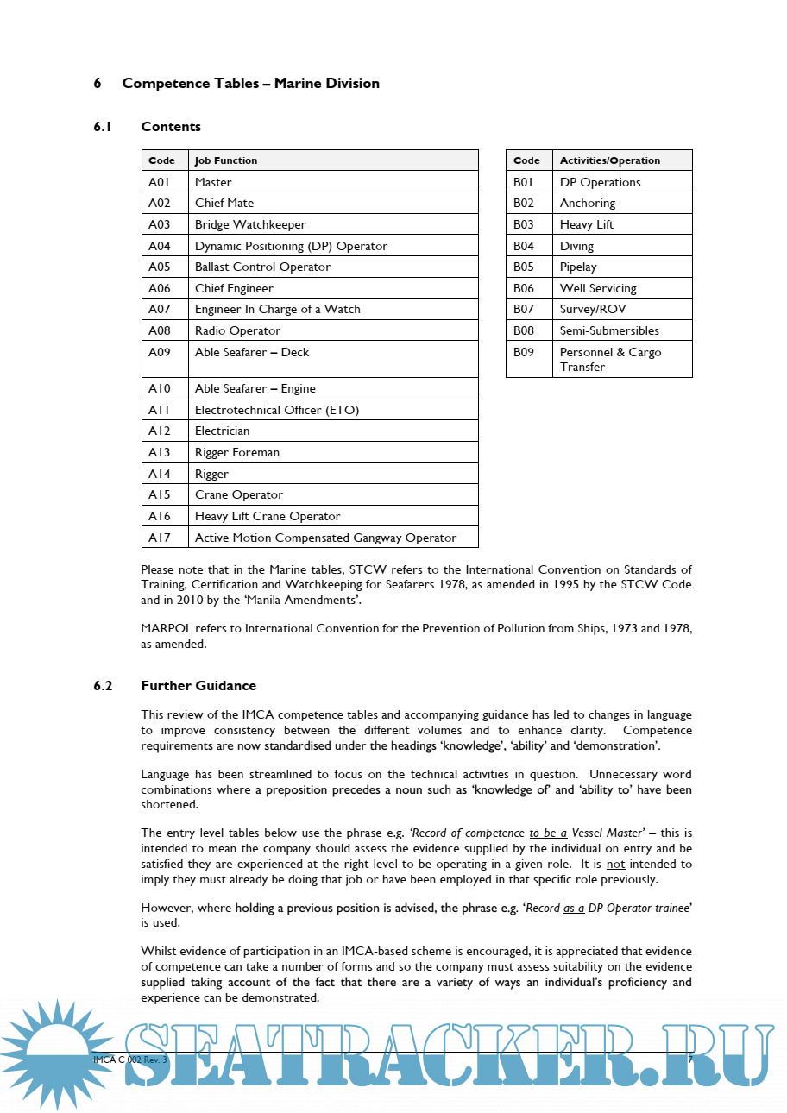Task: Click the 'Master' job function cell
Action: click(213, 182)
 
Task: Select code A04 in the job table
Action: click(160, 246)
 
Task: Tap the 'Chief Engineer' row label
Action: click(234, 288)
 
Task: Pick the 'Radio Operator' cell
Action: click(237, 330)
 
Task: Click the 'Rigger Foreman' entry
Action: click(237, 452)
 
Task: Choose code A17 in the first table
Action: click(160, 538)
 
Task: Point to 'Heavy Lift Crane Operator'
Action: click(268, 516)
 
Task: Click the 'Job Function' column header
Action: click(226, 160)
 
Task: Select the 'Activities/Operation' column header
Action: click(609, 160)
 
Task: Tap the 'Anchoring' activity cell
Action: click(588, 204)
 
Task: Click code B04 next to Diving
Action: click(524, 246)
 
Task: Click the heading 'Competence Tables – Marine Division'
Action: click(250, 84)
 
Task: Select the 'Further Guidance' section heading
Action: click(198, 686)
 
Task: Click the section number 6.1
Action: click(104, 127)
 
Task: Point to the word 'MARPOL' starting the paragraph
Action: click(165, 628)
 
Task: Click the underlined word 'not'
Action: click(615, 864)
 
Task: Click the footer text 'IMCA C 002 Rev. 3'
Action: click(129, 1059)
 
